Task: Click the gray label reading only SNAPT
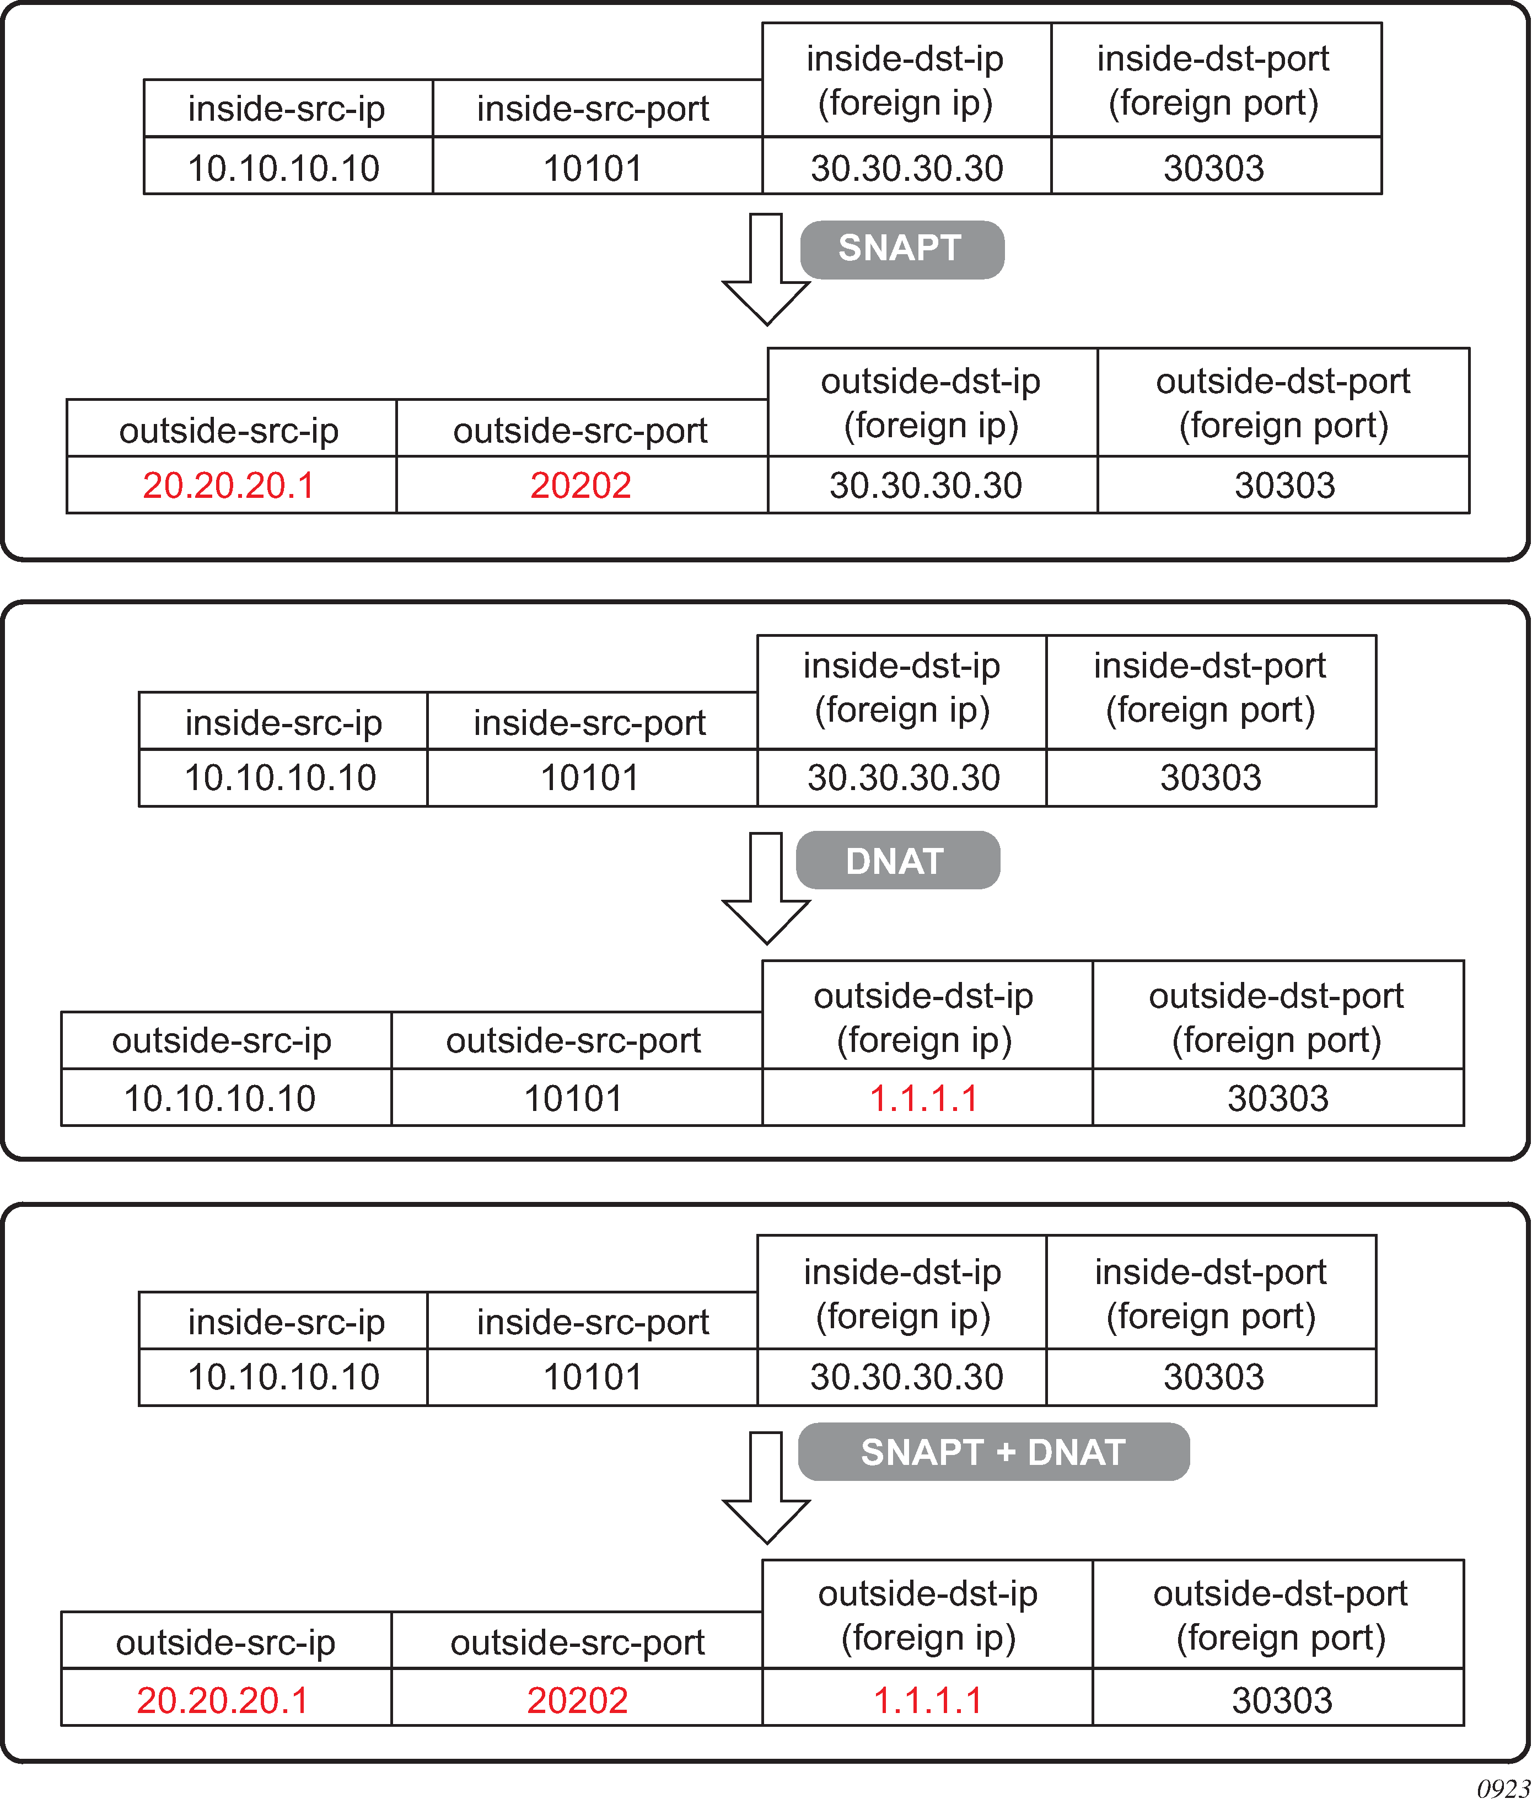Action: [901, 249]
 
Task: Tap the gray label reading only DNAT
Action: [896, 861]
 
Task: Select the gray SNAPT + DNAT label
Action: [993, 1452]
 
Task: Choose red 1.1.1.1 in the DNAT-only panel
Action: [923, 1098]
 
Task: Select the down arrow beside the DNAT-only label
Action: [766, 888]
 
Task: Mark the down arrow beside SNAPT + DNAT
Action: [766, 1487]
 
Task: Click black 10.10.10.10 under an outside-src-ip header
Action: [220, 1098]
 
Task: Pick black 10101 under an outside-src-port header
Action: [573, 1098]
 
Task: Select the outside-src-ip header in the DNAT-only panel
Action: [222, 1040]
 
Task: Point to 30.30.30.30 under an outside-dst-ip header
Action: [925, 485]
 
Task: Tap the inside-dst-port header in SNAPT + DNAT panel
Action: [1210, 1294]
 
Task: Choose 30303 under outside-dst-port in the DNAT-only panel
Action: [1277, 1098]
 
